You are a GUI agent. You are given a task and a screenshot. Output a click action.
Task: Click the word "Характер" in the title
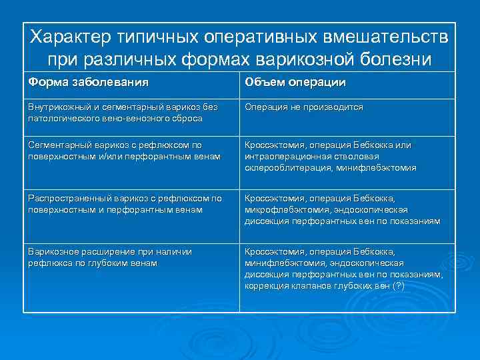click(72, 36)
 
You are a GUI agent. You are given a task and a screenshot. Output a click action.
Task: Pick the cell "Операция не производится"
click(303, 107)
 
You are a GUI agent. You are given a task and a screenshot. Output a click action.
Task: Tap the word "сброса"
click(186, 118)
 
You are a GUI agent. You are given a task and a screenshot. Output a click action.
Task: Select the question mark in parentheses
click(399, 286)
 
